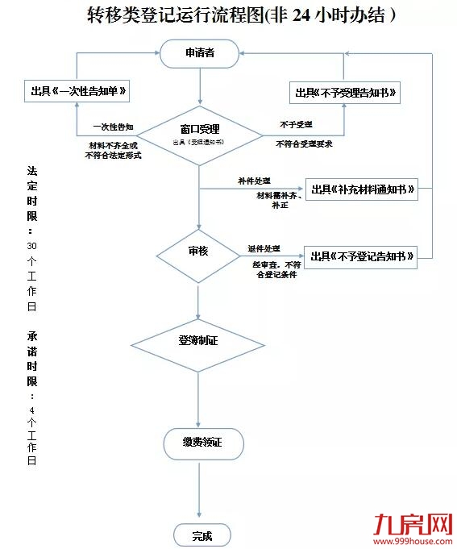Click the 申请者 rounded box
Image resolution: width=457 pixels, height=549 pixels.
point(199,53)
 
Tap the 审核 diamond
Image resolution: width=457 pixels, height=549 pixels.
point(198,252)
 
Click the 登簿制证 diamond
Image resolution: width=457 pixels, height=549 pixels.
point(198,340)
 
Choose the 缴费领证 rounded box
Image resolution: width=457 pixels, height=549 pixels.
point(202,443)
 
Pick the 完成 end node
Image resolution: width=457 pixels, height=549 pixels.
point(202,534)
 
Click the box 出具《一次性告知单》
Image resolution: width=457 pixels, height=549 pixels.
point(77,92)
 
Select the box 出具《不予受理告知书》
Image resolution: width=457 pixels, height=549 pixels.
point(345,93)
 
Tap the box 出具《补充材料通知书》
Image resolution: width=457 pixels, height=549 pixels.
point(362,189)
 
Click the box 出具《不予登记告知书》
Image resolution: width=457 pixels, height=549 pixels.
point(361,257)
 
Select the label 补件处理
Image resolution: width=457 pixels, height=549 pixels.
point(254,180)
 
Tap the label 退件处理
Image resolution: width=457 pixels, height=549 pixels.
point(264,248)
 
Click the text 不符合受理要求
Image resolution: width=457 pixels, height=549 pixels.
point(304,143)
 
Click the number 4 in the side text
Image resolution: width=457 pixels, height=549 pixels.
point(31,410)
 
